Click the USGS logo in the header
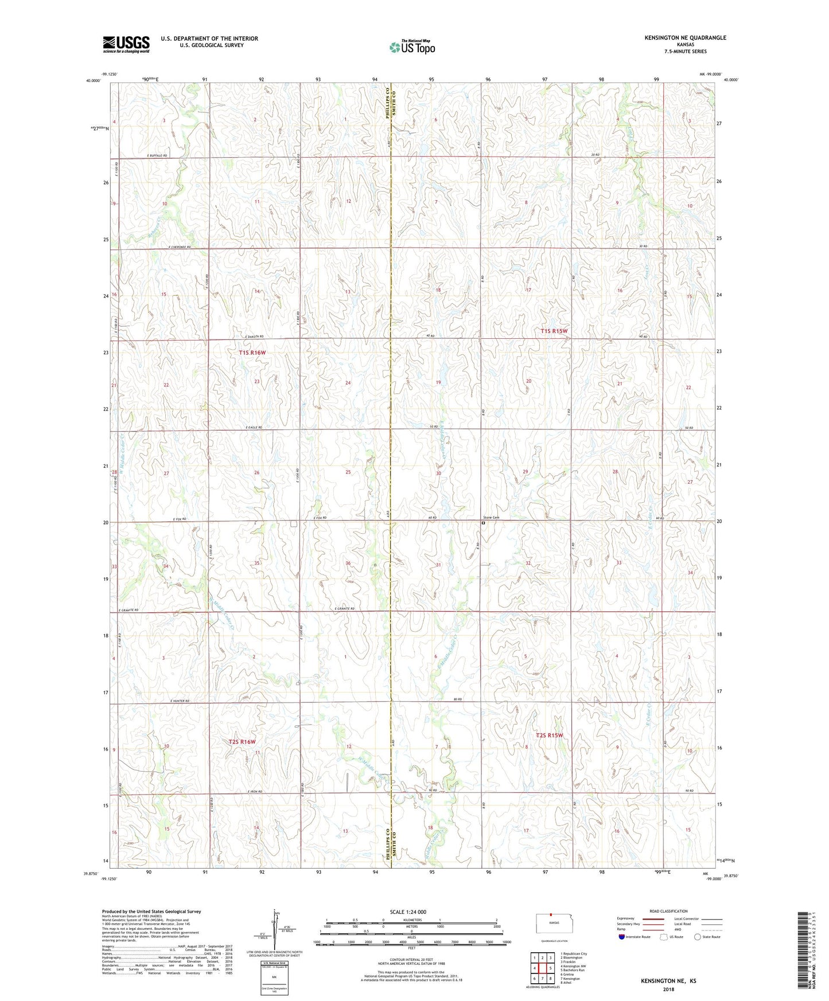click(126, 44)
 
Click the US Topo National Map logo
click(411, 46)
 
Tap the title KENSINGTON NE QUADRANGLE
click(685, 38)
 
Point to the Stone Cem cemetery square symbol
click(483, 523)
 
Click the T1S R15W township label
click(554, 331)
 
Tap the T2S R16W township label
click(242, 742)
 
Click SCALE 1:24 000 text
click(407, 912)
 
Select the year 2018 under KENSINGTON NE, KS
click(668, 989)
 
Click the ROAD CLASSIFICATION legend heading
click(668, 911)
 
